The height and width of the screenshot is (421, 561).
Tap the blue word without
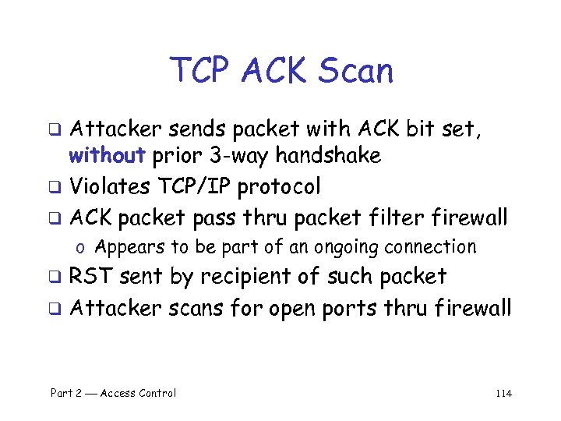tap(107, 156)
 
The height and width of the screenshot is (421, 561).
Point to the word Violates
tap(114, 187)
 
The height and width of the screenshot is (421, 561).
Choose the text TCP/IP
tap(196, 187)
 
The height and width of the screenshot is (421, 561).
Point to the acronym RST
tap(92, 276)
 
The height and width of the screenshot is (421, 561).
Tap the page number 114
tap(503, 393)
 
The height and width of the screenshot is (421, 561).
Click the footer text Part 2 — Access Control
tap(113, 393)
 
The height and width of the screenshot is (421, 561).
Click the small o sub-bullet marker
tap(81, 249)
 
